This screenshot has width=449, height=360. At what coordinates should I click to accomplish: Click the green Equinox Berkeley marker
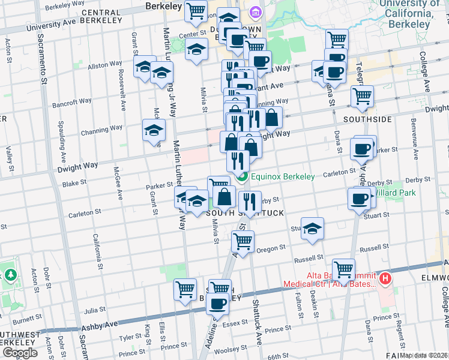[x=242, y=176]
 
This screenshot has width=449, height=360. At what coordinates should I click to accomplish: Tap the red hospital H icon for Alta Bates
[x=385, y=280]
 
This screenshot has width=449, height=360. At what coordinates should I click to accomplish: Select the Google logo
[x=20, y=353]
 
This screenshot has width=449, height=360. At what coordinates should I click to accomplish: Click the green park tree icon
[x=10, y=275]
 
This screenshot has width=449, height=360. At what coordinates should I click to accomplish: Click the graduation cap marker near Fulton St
[x=312, y=229]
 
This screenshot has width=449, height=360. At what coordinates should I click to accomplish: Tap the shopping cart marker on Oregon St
[x=243, y=241]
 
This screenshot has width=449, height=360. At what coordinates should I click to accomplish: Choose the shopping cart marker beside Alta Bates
[x=343, y=269]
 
